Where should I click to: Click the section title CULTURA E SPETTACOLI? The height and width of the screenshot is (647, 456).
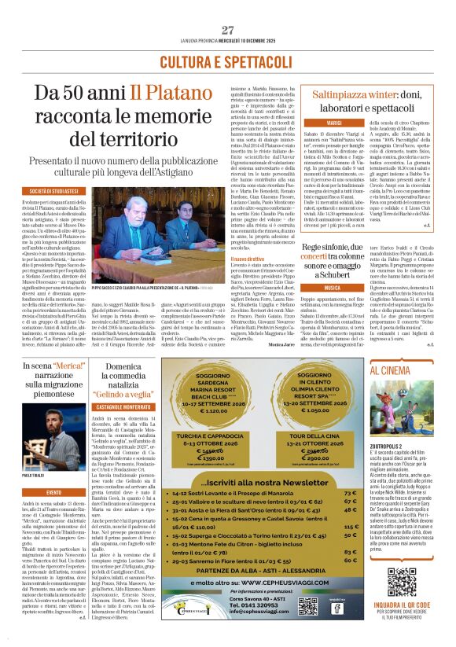pyautogui.click(x=228, y=62)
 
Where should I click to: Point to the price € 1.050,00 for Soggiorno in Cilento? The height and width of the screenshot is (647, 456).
pyautogui.click(x=303, y=410)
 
